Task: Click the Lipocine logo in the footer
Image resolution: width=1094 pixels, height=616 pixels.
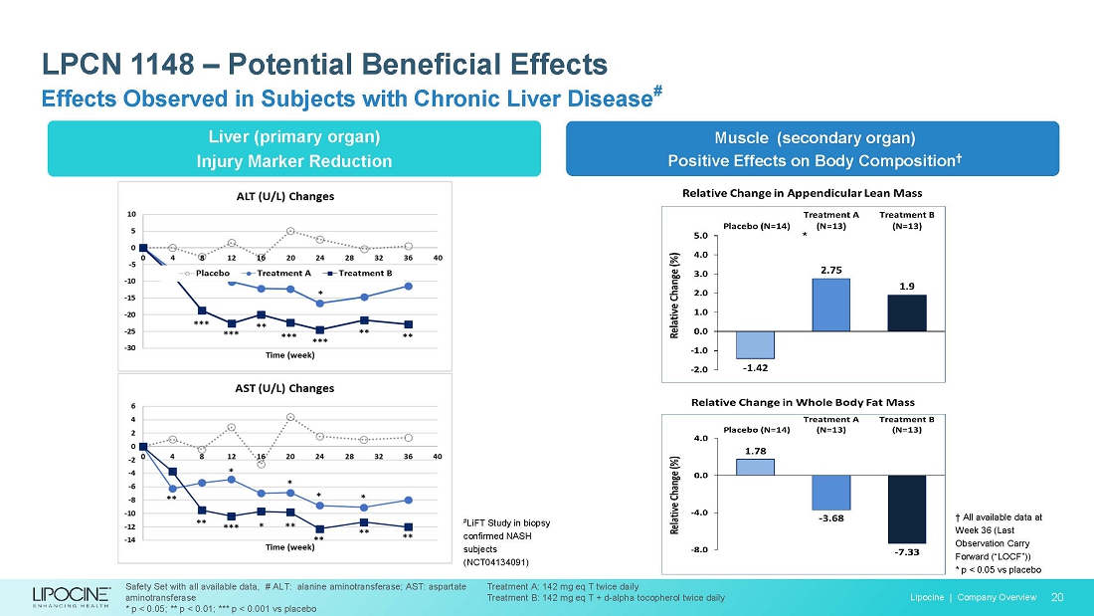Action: pos(74,596)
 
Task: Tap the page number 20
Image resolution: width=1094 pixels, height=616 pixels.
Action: pos(1057,597)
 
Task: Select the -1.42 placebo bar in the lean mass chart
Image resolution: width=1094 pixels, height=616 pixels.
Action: pos(754,344)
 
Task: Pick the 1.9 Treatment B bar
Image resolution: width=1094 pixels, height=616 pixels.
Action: pos(906,312)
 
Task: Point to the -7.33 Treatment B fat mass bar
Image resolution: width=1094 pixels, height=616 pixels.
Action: pos(906,509)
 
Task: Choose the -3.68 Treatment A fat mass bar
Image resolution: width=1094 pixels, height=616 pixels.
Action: pos(830,493)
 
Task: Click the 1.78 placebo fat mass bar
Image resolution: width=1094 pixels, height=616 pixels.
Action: pos(755,467)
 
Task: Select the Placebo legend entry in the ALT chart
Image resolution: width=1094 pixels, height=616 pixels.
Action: pos(207,273)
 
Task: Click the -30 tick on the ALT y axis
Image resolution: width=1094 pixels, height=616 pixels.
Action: pos(130,348)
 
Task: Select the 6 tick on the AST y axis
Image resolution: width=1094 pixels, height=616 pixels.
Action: pos(133,406)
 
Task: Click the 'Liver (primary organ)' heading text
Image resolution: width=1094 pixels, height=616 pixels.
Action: pos(293,136)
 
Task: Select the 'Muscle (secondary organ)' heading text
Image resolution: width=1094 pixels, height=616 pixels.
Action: pos(812,137)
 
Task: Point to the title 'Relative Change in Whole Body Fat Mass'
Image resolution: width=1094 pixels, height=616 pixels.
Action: pos(803,402)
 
